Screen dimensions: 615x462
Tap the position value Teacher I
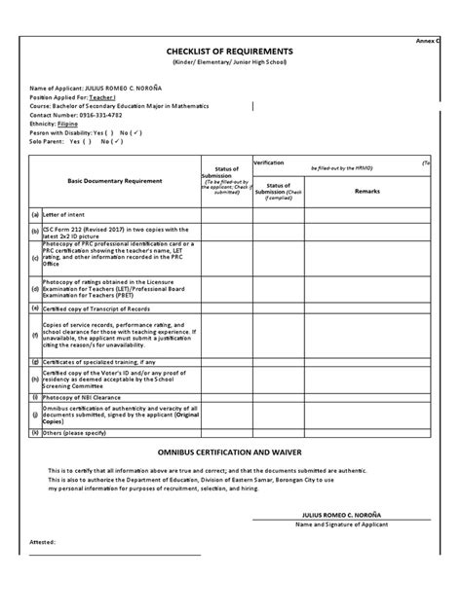104,97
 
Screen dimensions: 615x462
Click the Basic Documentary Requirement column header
114,181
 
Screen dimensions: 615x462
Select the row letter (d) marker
35,288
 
